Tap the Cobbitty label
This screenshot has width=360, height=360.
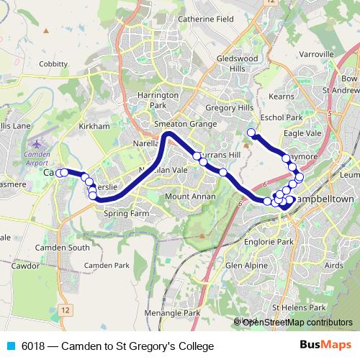[x=53, y=63]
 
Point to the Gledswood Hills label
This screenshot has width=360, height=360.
[x=232, y=63]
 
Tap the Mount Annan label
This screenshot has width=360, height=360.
[x=187, y=196]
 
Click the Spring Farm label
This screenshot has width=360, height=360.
[x=126, y=213]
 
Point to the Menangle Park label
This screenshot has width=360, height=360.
[x=171, y=313]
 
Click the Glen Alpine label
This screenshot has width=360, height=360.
[x=243, y=265]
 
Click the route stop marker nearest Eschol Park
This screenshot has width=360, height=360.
[x=251, y=132]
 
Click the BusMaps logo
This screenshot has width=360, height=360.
[x=327, y=346]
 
